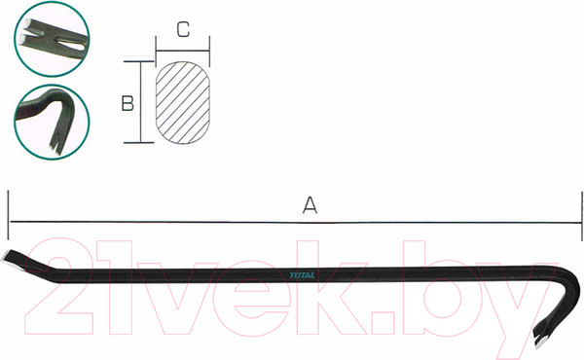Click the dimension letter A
click(310, 205)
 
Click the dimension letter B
click(128, 103)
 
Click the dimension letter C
click(183, 29)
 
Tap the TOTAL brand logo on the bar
click(303, 275)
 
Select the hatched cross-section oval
click(183, 103)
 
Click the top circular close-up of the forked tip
click(52, 39)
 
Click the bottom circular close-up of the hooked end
click(52, 123)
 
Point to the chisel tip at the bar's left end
click(8, 258)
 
